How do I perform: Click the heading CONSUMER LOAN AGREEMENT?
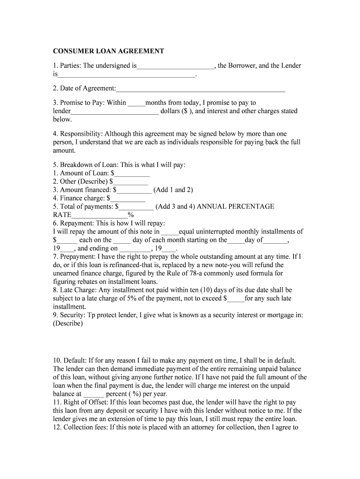(108, 51)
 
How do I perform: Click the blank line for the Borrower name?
(175, 66)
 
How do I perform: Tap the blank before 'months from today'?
(136, 103)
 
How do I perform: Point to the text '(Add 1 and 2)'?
(173, 190)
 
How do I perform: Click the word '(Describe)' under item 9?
(68, 324)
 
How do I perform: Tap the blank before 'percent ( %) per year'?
(93, 394)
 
